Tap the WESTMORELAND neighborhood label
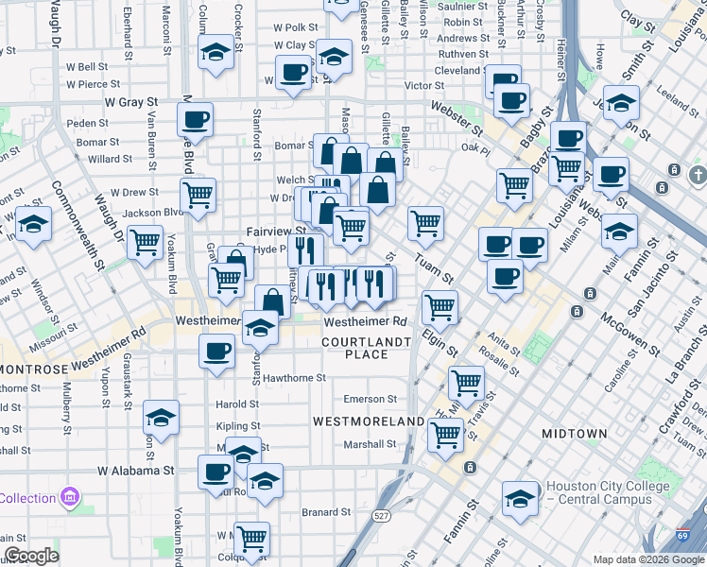click(368, 421)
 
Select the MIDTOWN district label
click(574, 433)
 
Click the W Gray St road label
click(131, 101)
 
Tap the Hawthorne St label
click(294, 377)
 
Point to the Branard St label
click(326, 512)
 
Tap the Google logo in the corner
click(31, 556)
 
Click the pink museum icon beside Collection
click(69, 497)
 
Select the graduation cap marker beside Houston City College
click(520, 499)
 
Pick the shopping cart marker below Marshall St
click(445, 435)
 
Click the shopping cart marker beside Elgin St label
click(440, 306)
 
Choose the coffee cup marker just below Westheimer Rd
click(216, 352)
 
